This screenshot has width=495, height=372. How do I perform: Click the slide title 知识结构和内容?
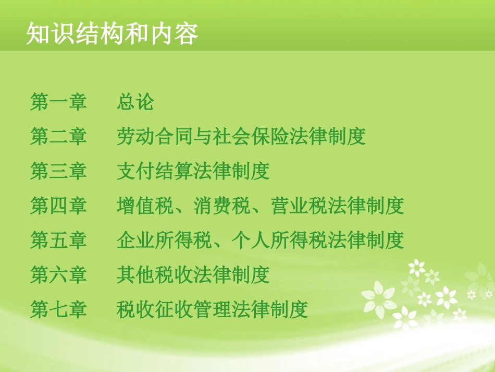point(112,34)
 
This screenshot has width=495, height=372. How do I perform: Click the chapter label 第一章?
point(58,102)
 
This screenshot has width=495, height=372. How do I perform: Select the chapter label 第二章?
point(58,137)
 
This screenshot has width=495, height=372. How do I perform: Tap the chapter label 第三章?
point(58,171)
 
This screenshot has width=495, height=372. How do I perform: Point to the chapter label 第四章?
point(58,206)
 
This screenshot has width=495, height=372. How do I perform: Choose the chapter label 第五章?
point(58,241)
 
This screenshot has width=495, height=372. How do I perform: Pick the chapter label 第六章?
point(58,275)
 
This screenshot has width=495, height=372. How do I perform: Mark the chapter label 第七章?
point(58,310)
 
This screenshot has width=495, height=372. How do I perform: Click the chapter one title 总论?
point(135,102)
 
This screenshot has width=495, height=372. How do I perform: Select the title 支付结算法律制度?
point(193,171)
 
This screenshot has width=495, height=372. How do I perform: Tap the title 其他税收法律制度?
point(193,275)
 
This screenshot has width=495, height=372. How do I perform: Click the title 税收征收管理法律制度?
point(213,310)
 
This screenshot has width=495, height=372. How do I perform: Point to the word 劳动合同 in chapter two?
point(155,137)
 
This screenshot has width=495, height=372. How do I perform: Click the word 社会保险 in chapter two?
point(251,137)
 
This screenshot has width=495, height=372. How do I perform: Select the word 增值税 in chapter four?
point(145,206)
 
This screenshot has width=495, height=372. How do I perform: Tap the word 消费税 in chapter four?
point(222,206)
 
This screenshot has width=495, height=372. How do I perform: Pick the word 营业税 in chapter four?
point(299,206)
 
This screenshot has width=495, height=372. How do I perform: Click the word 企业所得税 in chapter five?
point(165,241)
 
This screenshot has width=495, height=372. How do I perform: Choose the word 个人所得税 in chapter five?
point(280,241)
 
